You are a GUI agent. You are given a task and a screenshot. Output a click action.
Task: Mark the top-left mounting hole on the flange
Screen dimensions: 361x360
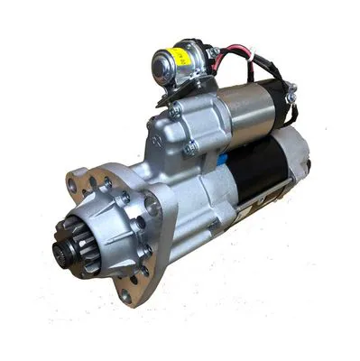pyautogui.click(x=72, y=186)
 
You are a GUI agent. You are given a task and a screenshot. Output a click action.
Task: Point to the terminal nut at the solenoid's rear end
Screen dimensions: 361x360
pyautogui.click(x=291, y=89)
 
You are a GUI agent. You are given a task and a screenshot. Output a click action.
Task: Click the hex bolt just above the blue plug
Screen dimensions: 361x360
pyautogui.click(x=190, y=148)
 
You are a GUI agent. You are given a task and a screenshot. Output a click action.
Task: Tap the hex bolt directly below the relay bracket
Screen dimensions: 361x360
pyautogui.click(x=174, y=110)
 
